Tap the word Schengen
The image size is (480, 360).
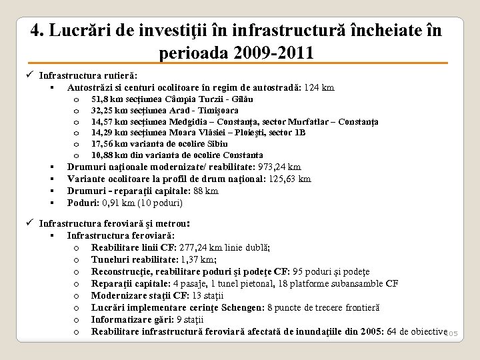(x=238, y=307)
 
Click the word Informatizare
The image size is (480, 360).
(x=120, y=319)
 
